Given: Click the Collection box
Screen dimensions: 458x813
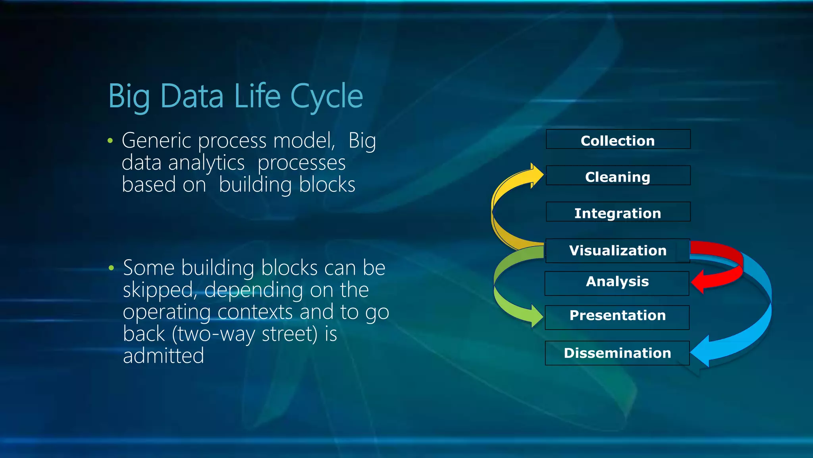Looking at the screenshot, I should point(618,140).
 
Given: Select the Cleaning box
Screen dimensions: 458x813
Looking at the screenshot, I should point(618,176).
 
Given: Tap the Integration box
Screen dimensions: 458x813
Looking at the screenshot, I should point(618,212).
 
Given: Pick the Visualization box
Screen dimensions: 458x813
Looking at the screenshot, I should point(618,250).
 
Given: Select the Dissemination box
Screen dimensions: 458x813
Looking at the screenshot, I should point(617,353).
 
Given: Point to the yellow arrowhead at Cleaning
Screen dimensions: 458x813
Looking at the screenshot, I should point(537,175).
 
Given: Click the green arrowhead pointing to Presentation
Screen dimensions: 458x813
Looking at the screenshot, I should point(537,317).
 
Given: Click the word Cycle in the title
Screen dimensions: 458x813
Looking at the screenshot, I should point(326,96).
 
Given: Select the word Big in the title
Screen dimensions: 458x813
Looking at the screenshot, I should point(129,96).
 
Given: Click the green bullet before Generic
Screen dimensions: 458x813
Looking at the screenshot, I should point(110,141).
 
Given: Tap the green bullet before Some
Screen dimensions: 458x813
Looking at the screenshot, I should point(111,268).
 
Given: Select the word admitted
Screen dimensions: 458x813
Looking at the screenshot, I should point(163,355).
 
